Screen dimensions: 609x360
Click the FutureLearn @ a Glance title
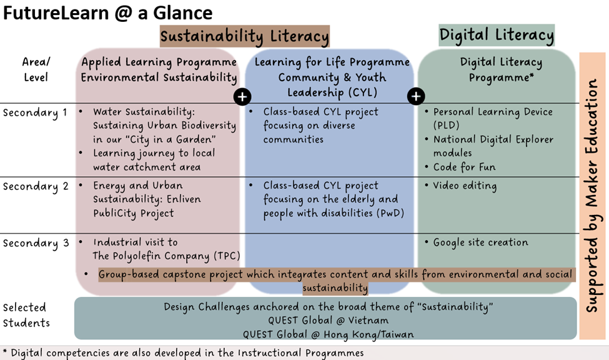(x=108, y=13)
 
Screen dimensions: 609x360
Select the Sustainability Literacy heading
(x=245, y=36)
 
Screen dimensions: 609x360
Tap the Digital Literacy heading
(x=497, y=35)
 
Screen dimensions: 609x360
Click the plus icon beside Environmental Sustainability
(x=242, y=97)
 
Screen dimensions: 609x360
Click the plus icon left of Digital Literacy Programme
(x=416, y=96)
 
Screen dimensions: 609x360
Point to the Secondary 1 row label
(x=35, y=112)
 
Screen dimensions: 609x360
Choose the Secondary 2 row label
(x=36, y=187)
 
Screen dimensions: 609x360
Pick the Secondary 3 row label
(x=36, y=243)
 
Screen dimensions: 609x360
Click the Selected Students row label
(x=26, y=315)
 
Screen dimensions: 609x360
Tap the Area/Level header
(x=36, y=69)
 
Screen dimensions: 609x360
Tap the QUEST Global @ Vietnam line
(x=328, y=321)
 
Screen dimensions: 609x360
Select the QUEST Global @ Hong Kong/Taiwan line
(x=328, y=334)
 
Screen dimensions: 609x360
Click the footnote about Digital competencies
(x=183, y=353)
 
